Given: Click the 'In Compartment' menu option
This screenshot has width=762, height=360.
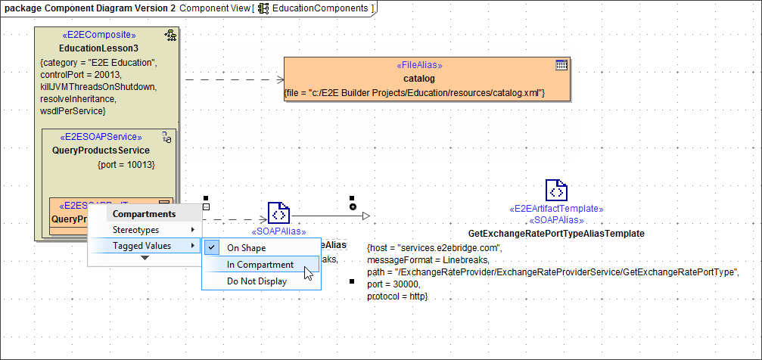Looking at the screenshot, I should [x=260, y=265].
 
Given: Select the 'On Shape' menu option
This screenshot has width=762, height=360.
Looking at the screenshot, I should [x=246, y=247].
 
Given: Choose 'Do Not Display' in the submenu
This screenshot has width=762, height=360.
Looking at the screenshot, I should [x=257, y=281].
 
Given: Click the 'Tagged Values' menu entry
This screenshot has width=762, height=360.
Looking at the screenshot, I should [x=142, y=246].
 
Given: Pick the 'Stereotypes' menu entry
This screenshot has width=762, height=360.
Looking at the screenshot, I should [x=135, y=229].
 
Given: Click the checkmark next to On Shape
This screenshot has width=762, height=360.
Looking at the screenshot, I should [x=213, y=247].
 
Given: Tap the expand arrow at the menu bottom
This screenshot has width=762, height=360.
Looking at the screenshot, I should [x=145, y=258].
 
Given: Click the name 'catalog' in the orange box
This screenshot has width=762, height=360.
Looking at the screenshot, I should [x=418, y=78].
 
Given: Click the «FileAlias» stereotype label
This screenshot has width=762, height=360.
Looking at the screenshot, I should [x=419, y=65].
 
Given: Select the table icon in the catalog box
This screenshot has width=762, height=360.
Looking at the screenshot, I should [x=561, y=65].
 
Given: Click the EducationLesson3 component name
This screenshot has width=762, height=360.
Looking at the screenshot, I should [x=98, y=48].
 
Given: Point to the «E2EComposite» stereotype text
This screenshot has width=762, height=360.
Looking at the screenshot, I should [x=98, y=35].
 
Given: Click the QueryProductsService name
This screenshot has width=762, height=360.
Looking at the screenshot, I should [x=101, y=150].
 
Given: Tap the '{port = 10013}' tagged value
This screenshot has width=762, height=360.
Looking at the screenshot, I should [x=126, y=163].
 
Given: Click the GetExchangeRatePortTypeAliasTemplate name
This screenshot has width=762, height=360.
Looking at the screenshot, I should [x=556, y=234].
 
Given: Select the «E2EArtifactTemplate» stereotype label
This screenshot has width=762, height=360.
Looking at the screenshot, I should [x=556, y=208].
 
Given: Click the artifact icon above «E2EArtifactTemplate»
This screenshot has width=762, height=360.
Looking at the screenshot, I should [x=556, y=191].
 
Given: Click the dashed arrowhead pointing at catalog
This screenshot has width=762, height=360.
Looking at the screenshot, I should [x=279, y=79].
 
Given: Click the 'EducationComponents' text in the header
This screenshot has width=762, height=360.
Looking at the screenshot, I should [x=320, y=8].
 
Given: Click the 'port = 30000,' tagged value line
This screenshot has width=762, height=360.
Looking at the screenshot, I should [x=393, y=284].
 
